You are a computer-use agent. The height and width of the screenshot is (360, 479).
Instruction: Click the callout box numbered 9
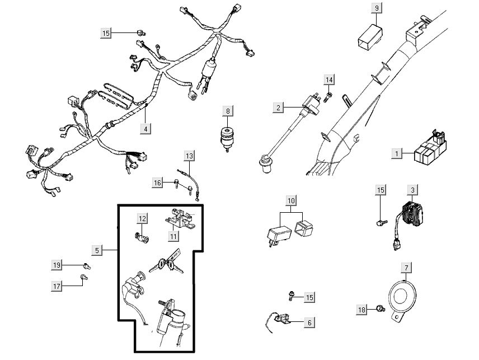click(x=377, y=8)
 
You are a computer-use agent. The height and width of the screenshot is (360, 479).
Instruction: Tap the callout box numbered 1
click(x=397, y=153)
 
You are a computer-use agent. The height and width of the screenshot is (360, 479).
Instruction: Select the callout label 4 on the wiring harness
click(x=146, y=128)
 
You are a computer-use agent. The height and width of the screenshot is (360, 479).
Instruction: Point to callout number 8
click(x=228, y=111)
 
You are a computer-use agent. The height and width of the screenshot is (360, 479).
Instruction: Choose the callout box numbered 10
click(x=291, y=200)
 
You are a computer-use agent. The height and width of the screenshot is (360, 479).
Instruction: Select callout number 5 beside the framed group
click(x=97, y=250)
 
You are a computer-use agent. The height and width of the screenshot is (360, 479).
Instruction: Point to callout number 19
click(x=57, y=264)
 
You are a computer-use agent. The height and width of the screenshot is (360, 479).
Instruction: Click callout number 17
click(x=57, y=286)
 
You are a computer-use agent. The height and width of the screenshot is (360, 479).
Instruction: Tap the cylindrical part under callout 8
click(x=227, y=137)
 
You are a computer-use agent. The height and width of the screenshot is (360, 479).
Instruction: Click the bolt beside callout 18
click(x=380, y=308)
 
